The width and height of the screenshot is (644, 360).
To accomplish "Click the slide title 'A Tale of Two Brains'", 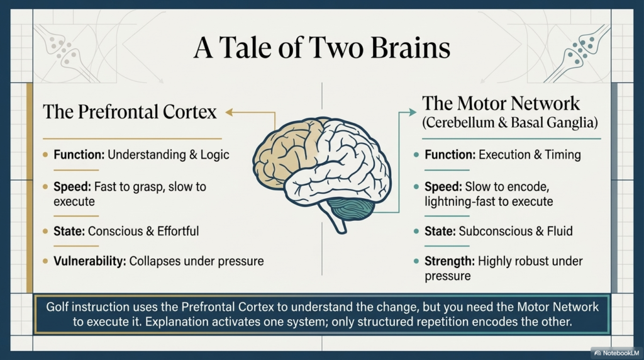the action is pyautogui.click(x=321, y=48).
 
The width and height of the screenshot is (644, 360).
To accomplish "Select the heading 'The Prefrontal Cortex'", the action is pyautogui.click(x=130, y=112).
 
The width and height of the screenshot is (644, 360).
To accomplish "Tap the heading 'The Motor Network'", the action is pyautogui.click(x=501, y=103).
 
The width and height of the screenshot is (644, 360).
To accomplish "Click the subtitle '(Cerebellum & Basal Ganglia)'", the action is pyautogui.click(x=510, y=123).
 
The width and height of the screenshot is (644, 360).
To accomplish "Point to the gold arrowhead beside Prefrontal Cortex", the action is pyautogui.click(x=229, y=112).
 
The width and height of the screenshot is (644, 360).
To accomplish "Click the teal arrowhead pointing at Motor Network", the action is pyautogui.click(x=413, y=112).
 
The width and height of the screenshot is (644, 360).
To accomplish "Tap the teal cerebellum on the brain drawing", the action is pyautogui.click(x=352, y=208).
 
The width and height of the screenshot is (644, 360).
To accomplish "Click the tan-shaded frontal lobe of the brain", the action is pyautogui.click(x=284, y=153).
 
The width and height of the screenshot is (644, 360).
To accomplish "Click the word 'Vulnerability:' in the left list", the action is pyautogui.click(x=89, y=261).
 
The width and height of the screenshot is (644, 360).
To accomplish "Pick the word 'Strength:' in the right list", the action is pyautogui.click(x=449, y=261).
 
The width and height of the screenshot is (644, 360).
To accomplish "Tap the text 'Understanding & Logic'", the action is pyautogui.click(x=169, y=155).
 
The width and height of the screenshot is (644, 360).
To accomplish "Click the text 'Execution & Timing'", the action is pyautogui.click(x=530, y=155).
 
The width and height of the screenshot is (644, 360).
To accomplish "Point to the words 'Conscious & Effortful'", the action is pyautogui.click(x=143, y=232).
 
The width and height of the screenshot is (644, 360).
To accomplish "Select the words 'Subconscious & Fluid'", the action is pyautogui.click(x=516, y=232).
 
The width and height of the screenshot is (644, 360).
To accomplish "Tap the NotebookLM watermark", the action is pyautogui.click(x=616, y=353).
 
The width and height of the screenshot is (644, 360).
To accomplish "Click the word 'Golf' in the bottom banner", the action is pyautogui.click(x=57, y=307).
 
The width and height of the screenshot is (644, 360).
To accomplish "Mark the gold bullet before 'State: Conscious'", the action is pyautogui.click(x=45, y=232).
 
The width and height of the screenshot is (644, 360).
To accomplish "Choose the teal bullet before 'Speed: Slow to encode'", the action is pyautogui.click(x=416, y=187).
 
